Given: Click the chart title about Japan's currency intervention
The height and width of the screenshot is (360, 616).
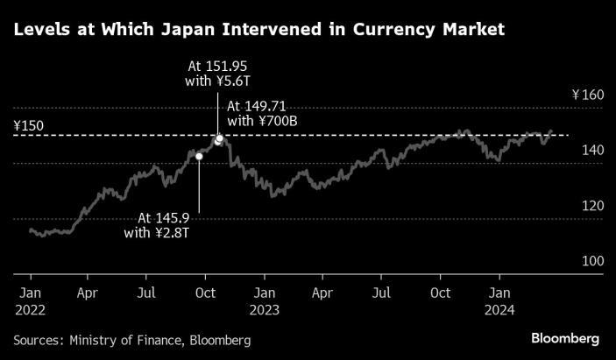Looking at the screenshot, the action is (x=258, y=30).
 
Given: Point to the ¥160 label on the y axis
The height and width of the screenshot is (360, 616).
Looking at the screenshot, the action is (x=588, y=95).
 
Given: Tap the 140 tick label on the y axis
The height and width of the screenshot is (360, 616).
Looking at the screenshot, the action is (x=593, y=150).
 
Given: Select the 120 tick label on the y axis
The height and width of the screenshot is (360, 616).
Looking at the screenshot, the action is (x=593, y=206).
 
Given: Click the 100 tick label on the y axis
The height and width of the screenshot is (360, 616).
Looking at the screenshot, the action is (x=593, y=261).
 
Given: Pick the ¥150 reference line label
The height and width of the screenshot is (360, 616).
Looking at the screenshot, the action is (x=29, y=126).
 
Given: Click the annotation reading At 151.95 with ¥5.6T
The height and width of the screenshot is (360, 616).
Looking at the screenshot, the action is (x=217, y=74).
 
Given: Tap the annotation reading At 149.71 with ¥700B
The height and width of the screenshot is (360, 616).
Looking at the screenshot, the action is (x=262, y=114).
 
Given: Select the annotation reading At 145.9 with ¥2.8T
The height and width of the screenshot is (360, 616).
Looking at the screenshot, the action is (x=157, y=225).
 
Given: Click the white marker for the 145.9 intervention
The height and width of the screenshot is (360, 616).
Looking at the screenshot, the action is (x=199, y=157).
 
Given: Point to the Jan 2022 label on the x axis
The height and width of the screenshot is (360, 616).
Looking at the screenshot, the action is (x=31, y=301).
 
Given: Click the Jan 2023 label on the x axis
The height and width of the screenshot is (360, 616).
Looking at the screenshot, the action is (x=265, y=301).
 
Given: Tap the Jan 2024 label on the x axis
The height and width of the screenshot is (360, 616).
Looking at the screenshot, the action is (x=499, y=301).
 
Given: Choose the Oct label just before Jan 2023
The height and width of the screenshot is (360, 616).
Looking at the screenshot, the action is (x=205, y=293).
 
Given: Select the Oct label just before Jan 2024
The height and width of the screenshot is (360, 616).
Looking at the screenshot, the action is (x=440, y=293).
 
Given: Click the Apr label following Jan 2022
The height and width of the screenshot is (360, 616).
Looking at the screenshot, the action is (x=88, y=293).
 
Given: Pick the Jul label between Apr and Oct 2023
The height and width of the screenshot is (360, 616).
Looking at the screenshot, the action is (x=381, y=293).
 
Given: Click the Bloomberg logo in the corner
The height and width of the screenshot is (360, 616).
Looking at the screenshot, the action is (x=565, y=338).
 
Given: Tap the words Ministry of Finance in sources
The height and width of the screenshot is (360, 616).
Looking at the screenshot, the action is (x=125, y=340).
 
